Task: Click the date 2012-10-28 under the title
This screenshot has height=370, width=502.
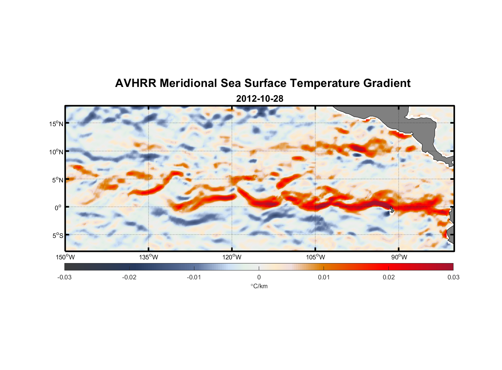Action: pos(260,99)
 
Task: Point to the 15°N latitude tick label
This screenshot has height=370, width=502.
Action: pos(56,124)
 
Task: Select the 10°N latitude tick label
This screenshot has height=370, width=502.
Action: pos(56,152)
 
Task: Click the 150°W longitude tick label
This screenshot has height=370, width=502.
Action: pos(65,257)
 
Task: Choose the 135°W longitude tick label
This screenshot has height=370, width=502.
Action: pos(148,257)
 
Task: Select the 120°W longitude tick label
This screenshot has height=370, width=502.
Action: pos(232,257)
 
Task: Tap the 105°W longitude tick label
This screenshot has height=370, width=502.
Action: pos(315,257)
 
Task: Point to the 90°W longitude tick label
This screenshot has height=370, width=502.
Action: pos(399,257)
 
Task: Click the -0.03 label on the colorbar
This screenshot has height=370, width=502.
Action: pos(64,277)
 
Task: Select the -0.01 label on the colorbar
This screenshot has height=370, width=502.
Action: pos(194,277)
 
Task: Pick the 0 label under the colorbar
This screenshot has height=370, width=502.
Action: pos(259,277)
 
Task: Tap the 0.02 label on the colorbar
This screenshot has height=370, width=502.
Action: pos(389,277)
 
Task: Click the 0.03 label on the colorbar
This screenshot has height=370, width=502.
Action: pos(453,277)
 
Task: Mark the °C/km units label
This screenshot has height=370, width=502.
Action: pos(259,286)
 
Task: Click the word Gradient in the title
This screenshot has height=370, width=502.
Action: pos(387,83)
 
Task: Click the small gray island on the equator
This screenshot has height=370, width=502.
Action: pos(392,209)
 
